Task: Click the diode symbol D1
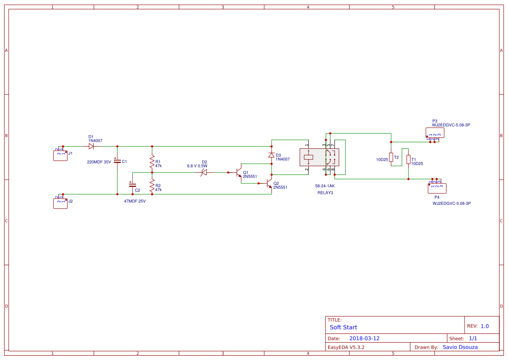pyautogui.click(x=91, y=147)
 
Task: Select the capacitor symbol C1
pyautogui.click(x=117, y=161)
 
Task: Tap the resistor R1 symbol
pyautogui.click(x=152, y=163)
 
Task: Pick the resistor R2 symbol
pyautogui.click(x=152, y=187)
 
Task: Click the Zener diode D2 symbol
pyautogui.click(x=203, y=172)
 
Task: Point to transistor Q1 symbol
pyautogui.click(x=239, y=172)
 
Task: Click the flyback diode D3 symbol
pyautogui.click(x=272, y=155)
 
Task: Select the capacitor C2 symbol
pyautogui.click(x=133, y=185)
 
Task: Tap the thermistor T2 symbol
pyautogui.click(x=391, y=157)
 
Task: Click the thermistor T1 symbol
pyautogui.click(x=408, y=160)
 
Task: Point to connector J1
pyautogui.click(x=60, y=155)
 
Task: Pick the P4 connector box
pyautogui.click(x=437, y=188)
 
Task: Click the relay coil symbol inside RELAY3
pyautogui.click(x=309, y=157)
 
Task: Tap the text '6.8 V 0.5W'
pyautogui.click(x=197, y=166)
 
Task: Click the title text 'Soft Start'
pyautogui.click(x=343, y=327)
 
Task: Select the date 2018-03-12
pyautogui.click(x=364, y=338)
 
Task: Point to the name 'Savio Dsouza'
pyautogui.click(x=460, y=347)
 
